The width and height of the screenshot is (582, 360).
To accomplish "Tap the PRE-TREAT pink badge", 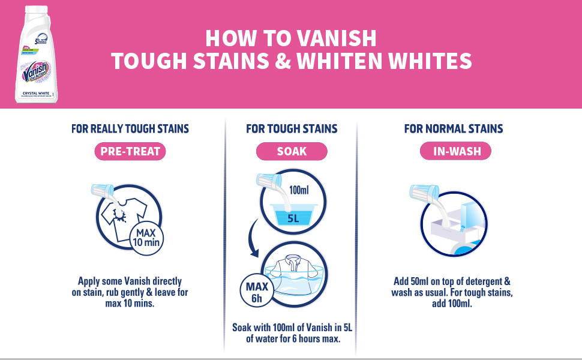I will pos(130,152).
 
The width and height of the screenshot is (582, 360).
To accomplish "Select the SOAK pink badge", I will pos(292,152).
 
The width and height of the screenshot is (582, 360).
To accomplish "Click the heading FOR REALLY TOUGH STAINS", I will pos(130,128).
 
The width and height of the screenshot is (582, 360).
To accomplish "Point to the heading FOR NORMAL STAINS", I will pos(454,128).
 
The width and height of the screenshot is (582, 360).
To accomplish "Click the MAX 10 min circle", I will pos(146,238).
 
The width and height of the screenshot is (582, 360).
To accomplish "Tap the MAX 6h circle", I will pos(257,290).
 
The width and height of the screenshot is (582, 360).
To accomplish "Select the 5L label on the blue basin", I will pos(293,218).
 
